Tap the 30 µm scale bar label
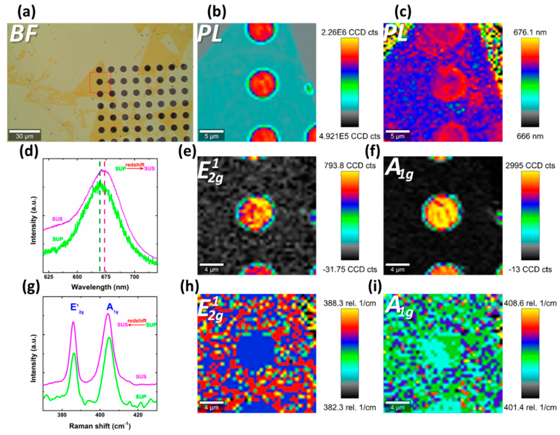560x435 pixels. coord(25,136)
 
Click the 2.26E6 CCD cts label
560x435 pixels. coord(350,32)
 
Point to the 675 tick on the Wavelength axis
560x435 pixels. coord(106,277)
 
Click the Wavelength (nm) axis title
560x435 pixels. coord(100,287)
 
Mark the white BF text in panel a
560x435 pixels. coord(24,33)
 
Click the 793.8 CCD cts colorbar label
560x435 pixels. coord(350,166)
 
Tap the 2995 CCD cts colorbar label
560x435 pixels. coord(530,166)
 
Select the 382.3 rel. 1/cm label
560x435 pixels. coord(350,407)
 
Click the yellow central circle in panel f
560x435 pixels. coord(442,213)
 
